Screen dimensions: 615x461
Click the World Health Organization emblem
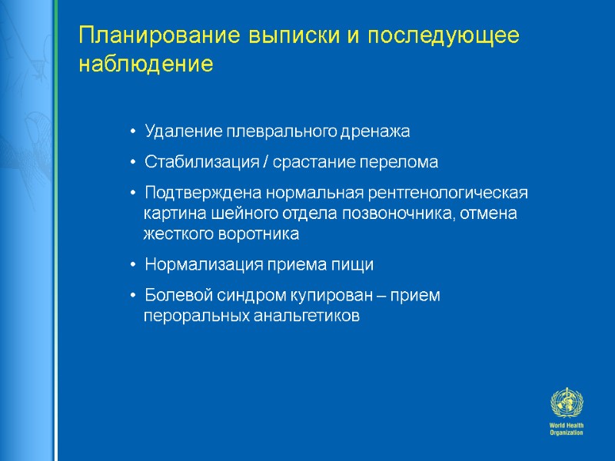pyautogui.click(x=567, y=403)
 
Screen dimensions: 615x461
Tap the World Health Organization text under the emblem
pyautogui.click(x=567, y=429)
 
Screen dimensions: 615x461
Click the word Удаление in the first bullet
pyautogui.click(x=177, y=132)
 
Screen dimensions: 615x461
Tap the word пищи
pyautogui.click(x=356, y=265)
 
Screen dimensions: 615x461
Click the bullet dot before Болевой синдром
pyautogui.click(x=134, y=296)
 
